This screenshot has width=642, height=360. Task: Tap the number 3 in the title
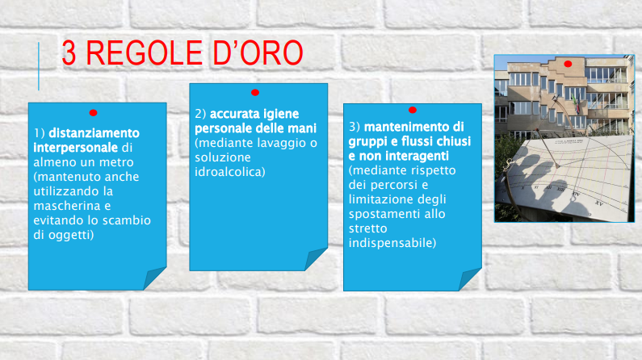tap(69, 52)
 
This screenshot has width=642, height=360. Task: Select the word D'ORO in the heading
tap(258, 52)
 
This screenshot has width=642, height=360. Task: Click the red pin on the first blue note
tap(94, 112)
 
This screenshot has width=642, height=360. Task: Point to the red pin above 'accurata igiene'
tap(255, 93)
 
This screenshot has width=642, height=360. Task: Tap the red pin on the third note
tap(413, 110)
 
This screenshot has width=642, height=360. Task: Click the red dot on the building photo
tap(568, 64)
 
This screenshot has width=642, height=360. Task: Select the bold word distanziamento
tap(94, 133)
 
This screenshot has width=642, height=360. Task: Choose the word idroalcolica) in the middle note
tap(230, 172)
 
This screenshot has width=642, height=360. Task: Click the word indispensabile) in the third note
tap(392, 243)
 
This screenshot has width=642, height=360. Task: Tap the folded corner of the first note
tap(154, 278)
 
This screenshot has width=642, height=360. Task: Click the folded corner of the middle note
tap(316, 259)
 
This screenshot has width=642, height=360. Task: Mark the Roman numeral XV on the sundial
tap(598, 203)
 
